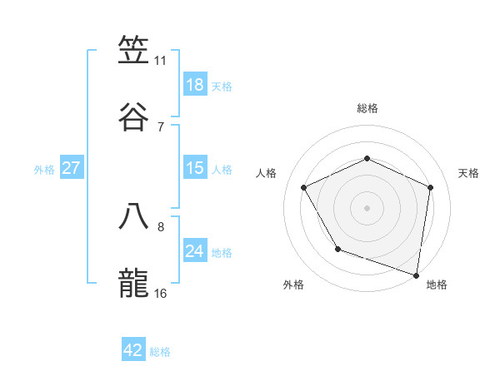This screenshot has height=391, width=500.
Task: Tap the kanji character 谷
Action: [x=134, y=116]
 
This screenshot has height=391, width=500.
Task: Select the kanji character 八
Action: [x=134, y=216]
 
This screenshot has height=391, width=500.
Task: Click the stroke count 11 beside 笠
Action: [x=160, y=61]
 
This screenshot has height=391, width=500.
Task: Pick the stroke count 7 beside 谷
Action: [x=160, y=127]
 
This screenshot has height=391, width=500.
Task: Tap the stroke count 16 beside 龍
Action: [x=160, y=294]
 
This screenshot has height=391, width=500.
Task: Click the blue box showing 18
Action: [x=195, y=85]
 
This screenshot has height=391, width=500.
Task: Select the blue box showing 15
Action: [x=195, y=168]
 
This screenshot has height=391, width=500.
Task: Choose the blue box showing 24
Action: [x=195, y=251]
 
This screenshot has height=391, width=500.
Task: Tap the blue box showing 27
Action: [x=71, y=168]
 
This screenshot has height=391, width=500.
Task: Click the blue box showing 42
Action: [x=133, y=350]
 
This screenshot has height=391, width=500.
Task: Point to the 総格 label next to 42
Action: [x=160, y=352]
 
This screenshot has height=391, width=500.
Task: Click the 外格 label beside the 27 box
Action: [x=44, y=170]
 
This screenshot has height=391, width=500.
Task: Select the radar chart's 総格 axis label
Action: [x=367, y=108]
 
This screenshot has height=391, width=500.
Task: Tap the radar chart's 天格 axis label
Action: [x=468, y=173]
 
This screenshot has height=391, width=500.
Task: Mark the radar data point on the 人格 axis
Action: [x=304, y=187]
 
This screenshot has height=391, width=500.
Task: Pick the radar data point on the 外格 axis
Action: [x=337, y=249]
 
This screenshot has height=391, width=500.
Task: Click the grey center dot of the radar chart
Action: [x=367, y=207]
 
